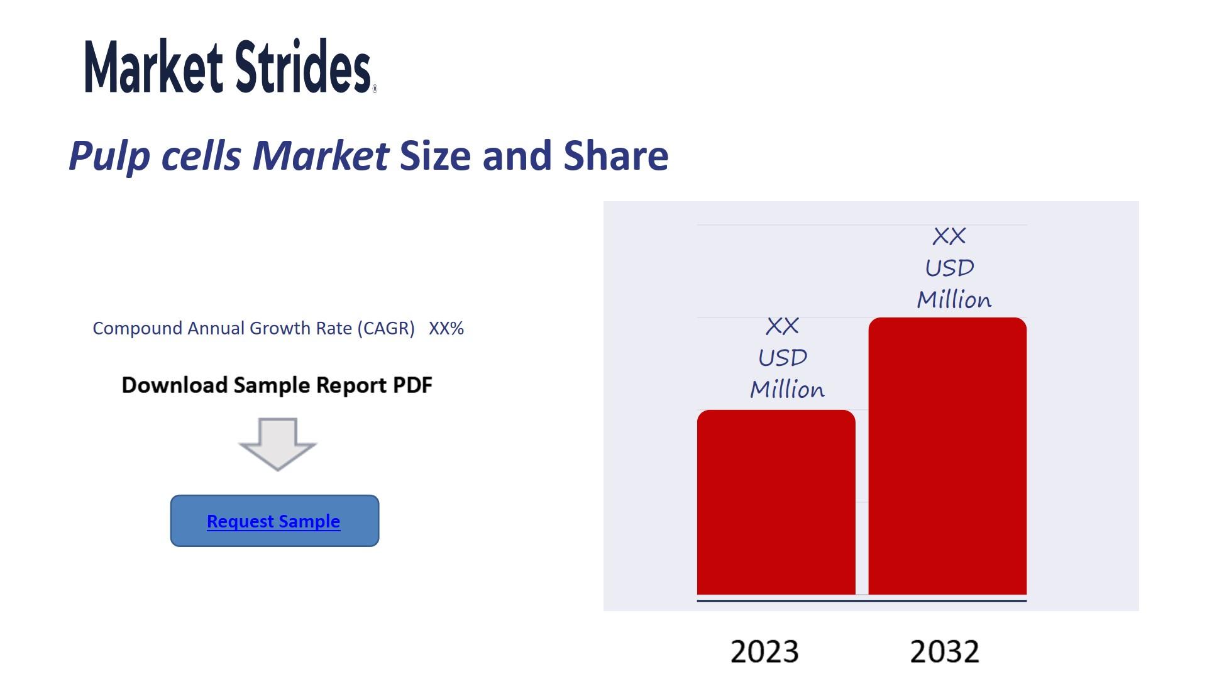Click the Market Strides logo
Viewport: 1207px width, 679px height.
231,66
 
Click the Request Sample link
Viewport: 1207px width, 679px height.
273,521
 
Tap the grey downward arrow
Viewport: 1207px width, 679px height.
277,444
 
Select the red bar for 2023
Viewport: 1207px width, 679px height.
776,502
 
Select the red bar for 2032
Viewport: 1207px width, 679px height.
947,456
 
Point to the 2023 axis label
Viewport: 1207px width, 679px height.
764,651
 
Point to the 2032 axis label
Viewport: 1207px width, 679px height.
944,651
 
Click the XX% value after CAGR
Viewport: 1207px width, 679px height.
446,328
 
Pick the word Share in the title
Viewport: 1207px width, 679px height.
616,155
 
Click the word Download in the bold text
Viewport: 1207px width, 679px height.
174,385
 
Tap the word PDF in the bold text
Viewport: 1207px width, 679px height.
412,385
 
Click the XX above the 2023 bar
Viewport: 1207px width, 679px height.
783,326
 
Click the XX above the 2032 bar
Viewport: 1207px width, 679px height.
949,236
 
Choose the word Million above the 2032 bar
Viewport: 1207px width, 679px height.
954,299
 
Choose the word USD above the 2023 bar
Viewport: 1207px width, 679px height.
783,358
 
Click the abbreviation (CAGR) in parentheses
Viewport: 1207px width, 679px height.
386,328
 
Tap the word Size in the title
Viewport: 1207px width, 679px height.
435,155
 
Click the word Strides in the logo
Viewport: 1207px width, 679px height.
304,66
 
